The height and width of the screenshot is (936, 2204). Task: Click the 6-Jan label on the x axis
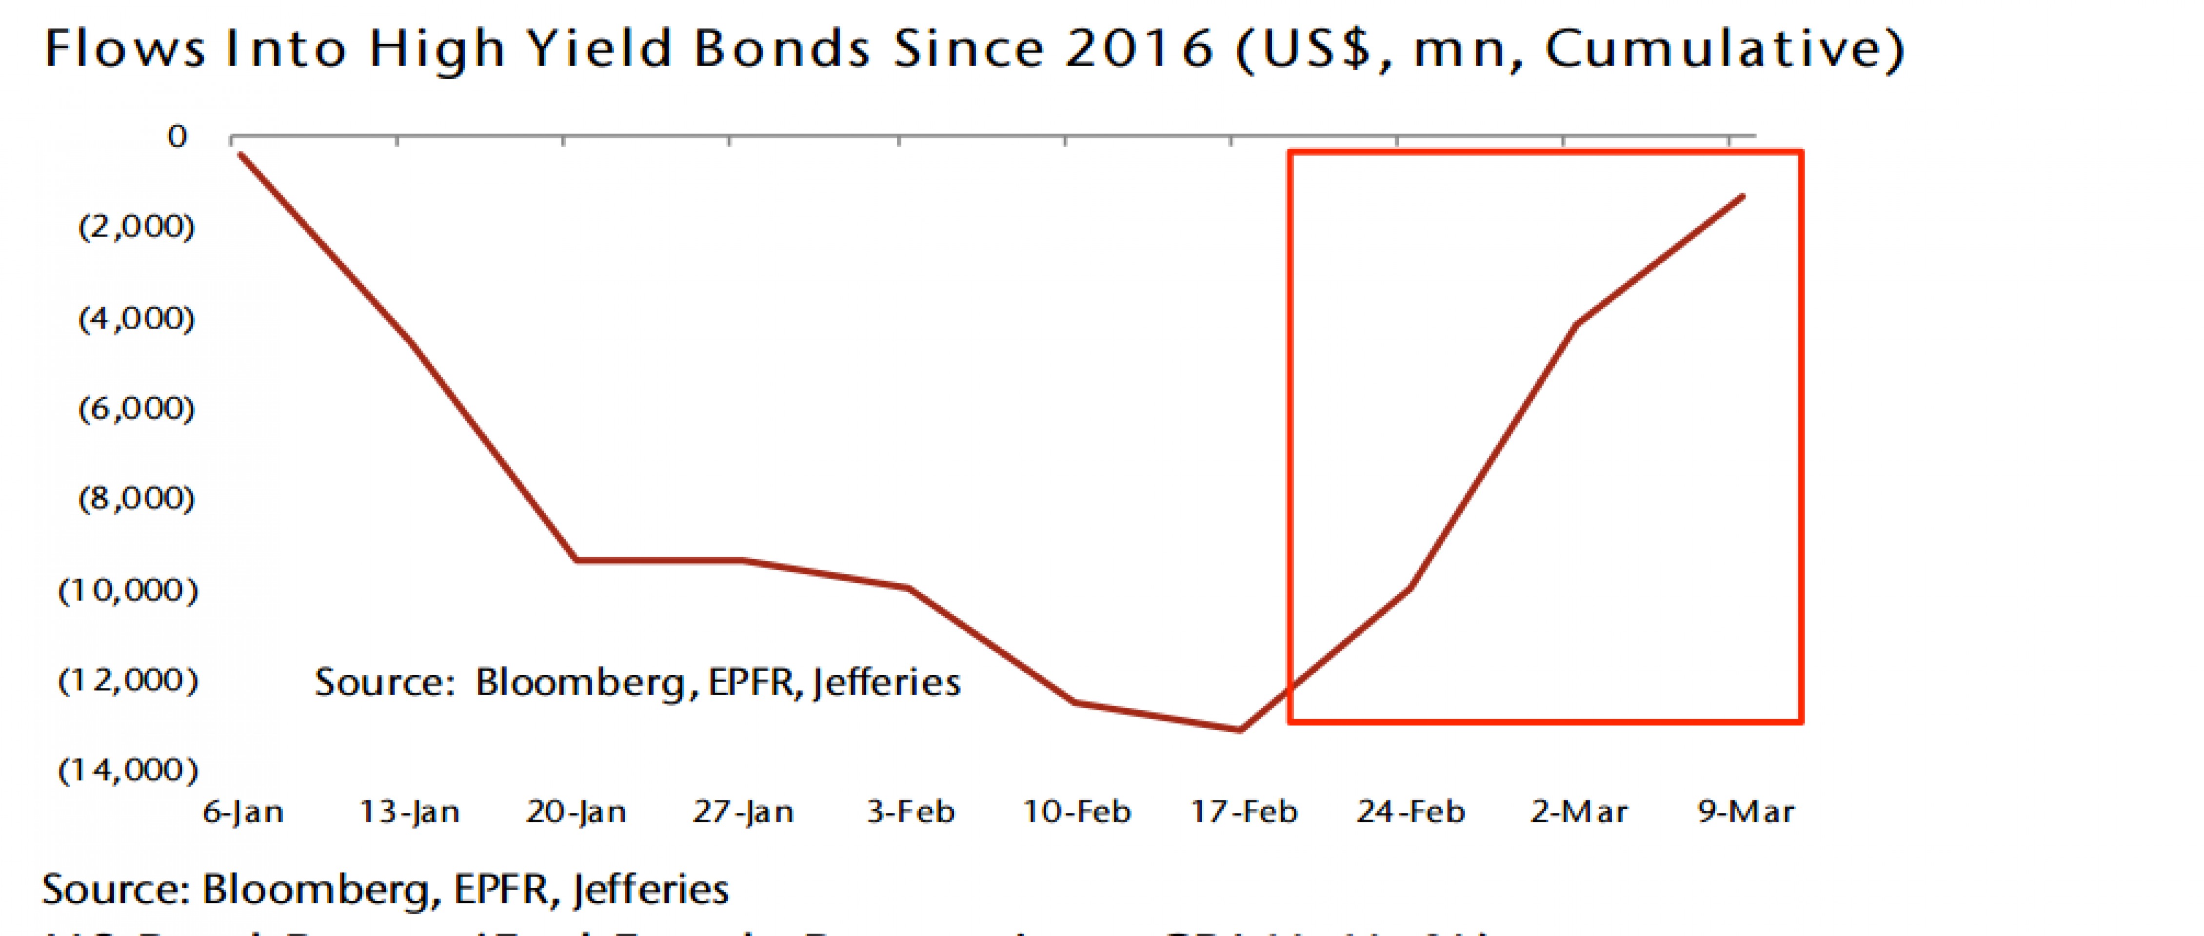click(243, 811)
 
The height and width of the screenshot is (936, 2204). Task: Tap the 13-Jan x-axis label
click(410, 811)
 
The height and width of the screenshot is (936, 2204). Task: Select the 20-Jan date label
click(576, 811)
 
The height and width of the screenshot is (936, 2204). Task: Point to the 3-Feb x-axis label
click(911, 811)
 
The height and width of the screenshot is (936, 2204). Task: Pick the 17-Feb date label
click(1244, 811)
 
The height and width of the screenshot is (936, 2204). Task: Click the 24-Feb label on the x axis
click(1411, 811)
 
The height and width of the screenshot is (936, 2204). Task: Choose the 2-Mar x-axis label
click(1579, 811)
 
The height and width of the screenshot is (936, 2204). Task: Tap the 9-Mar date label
click(1746, 811)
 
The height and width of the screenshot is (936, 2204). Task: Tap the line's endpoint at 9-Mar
click(1743, 197)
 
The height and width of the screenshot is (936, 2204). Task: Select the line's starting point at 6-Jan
click(240, 154)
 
